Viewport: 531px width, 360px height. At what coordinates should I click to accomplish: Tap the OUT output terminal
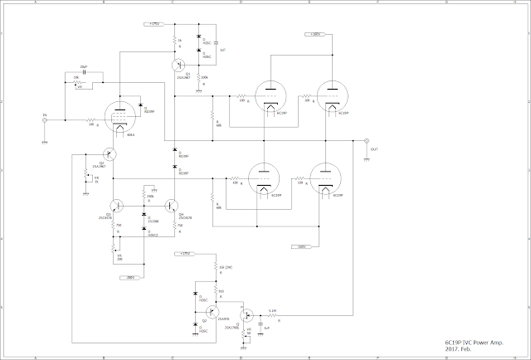coord(367,141)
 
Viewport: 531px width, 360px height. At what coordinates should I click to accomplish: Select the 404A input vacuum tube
coord(120,117)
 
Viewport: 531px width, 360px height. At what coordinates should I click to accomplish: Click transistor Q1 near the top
coord(177,65)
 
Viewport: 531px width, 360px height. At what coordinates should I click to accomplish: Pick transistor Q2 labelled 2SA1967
coord(109,154)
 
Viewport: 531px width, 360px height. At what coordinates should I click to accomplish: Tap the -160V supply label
coord(301,246)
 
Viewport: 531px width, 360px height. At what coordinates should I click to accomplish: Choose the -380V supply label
coord(130,277)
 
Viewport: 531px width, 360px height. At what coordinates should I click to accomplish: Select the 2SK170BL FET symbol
coord(246,316)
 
